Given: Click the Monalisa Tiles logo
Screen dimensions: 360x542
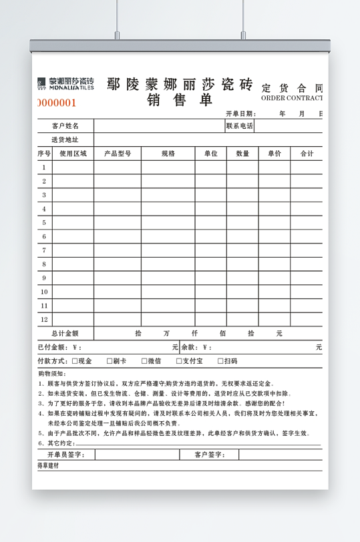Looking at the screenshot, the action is [65, 83].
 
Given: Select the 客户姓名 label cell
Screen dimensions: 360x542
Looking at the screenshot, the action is [65, 126].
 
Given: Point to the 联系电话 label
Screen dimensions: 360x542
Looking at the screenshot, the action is [239, 126].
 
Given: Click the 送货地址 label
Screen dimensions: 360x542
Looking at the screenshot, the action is [65, 140].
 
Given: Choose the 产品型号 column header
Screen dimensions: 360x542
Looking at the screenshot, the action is [117, 154].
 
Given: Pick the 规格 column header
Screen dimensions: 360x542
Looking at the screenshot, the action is [168, 154].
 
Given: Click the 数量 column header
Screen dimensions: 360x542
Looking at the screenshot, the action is [242, 154].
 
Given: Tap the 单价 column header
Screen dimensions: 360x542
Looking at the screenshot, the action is [275, 154].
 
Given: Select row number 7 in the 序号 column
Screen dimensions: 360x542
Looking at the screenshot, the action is [44, 250].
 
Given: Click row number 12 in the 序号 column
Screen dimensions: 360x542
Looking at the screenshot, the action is [44, 319].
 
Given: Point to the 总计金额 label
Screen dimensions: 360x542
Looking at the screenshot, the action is [65, 333].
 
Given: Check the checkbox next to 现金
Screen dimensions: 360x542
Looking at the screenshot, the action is [74, 361].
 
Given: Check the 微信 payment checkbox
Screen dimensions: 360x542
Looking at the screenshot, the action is [144, 361].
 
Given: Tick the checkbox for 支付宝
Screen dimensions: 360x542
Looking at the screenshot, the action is [179, 361].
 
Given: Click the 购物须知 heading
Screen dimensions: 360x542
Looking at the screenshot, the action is [51, 374].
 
